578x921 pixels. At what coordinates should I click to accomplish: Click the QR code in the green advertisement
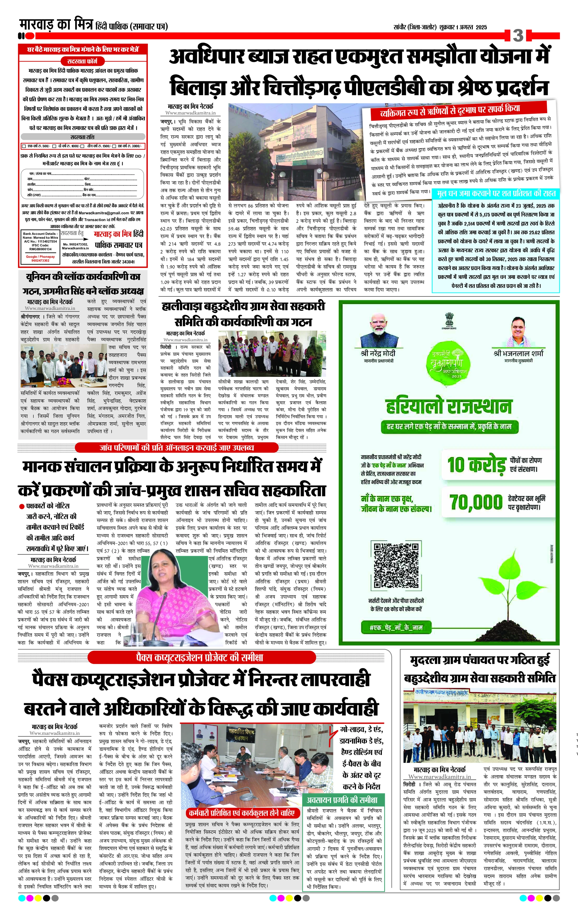click(x=395, y=565)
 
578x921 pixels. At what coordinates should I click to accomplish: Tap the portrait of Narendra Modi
click(x=377, y=330)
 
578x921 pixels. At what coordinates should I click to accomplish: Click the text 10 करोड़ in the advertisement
click(x=476, y=465)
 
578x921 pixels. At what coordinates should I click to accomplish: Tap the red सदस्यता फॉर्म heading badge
click(x=82, y=61)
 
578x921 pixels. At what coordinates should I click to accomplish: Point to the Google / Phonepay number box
click(x=40, y=259)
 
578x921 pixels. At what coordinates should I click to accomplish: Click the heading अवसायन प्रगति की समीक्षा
click(x=342, y=800)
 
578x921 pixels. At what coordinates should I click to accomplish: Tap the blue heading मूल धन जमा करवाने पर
click(x=496, y=193)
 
